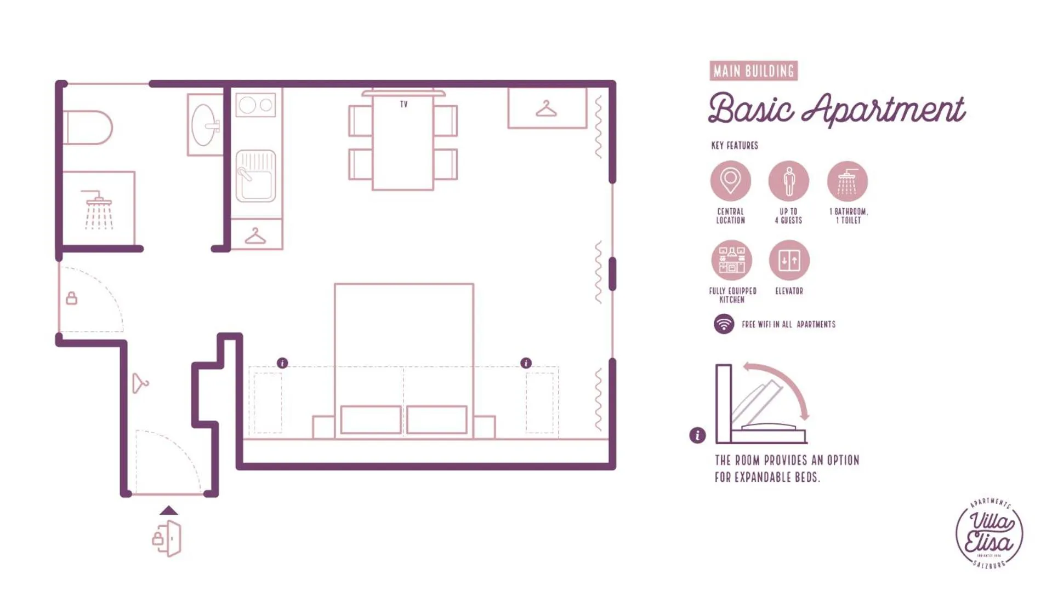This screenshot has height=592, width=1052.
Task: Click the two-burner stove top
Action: (x=255, y=105)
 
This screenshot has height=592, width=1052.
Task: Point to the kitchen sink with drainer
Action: (x=255, y=176)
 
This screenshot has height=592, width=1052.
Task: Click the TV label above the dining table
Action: (x=403, y=104)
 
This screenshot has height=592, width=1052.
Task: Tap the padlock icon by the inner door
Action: (x=71, y=298)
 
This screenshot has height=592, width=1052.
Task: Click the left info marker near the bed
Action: (x=282, y=363)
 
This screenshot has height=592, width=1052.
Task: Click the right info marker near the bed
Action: (x=526, y=363)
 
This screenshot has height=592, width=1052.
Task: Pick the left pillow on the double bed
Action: (x=371, y=419)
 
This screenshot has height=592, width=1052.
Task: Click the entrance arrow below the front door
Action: (x=169, y=510)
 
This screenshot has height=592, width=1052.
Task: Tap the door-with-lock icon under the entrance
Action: (x=167, y=539)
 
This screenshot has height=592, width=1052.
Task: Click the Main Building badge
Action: (x=753, y=71)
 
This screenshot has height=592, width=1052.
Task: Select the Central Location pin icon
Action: (x=730, y=181)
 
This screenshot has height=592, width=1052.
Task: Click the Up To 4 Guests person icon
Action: (x=788, y=181)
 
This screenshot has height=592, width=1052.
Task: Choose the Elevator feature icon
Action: (x=789, y=260)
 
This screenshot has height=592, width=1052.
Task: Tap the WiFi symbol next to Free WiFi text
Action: (x=724, y=324)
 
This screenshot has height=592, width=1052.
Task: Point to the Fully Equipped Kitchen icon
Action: (x=731, y=260)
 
